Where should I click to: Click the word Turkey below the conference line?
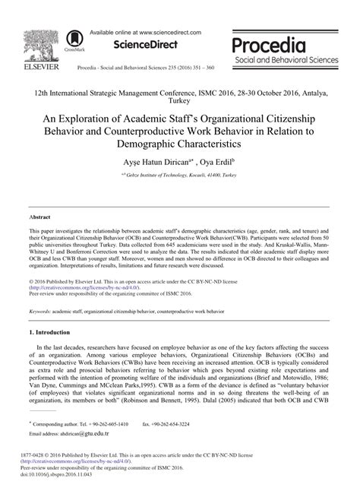click(x=180, y=100)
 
